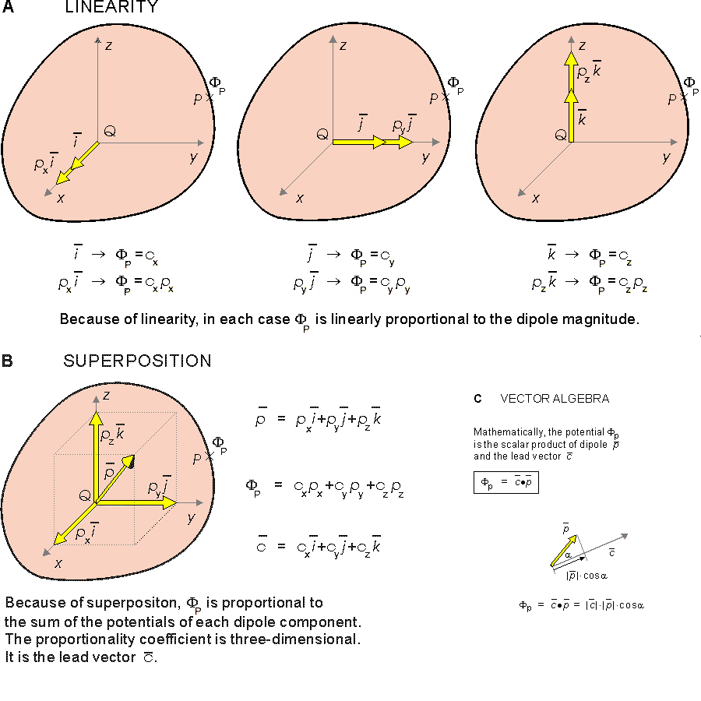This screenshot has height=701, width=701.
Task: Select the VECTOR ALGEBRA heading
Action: (555, 399)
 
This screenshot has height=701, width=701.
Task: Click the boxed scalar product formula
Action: (506, 483)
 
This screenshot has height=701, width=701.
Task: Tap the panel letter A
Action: (8, 8)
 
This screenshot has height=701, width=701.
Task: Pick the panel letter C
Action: (477, 400)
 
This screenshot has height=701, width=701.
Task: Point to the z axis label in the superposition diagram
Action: (106, 396)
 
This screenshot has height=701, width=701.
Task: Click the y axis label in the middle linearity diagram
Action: (425, 158)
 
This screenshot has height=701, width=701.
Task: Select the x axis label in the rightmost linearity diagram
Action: (536, 198)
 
